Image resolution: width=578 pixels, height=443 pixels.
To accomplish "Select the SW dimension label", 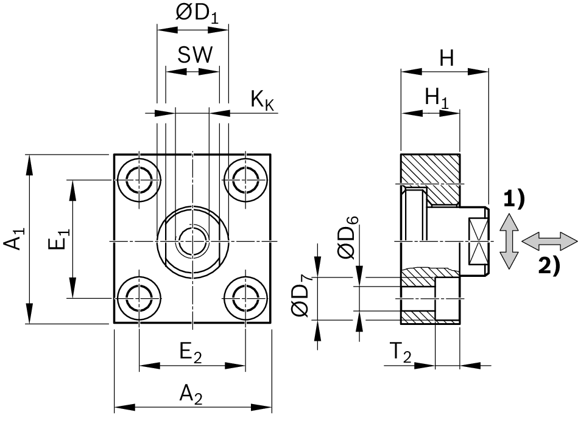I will pyautogui.click(x=196, y=56).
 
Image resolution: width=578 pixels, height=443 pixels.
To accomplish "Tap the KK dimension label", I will pyautogui.click(x=263, y=100).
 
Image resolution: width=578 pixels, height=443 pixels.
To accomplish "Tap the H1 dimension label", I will pyautogui.click(x=436, y=97).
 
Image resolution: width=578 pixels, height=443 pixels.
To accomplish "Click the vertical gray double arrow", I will pyautogui.click(x=509, y=241).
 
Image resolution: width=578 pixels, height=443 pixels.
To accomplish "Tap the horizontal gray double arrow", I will pyautogui.click(x=550, y=240).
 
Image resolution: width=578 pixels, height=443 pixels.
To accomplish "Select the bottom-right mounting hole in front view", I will pyautogui.click(x=245, y=298).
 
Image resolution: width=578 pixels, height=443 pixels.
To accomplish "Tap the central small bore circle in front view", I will pyautogui.click(x=192, y=241).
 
